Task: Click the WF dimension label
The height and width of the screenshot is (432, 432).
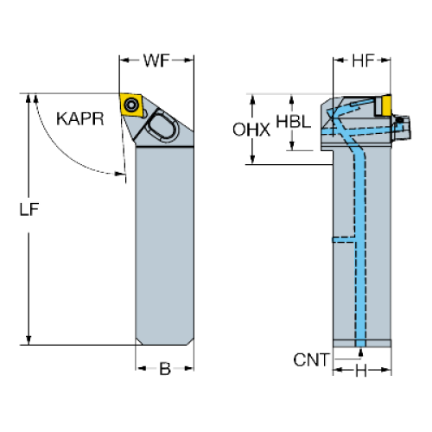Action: [156, 60]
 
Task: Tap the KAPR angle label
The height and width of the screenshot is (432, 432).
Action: [80, 118]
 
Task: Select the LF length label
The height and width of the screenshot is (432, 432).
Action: [29, 209]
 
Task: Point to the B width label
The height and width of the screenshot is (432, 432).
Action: [165, 368]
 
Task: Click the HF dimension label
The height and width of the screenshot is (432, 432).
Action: [363, 60]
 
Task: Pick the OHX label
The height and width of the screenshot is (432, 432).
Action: [251, 130]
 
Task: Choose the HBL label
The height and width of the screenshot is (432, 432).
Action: [294, 121]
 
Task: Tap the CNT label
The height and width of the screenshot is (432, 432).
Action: [311, 360]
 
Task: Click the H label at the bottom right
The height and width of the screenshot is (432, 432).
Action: [361, 371]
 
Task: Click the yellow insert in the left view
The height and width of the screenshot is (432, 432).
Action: [131, 105]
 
